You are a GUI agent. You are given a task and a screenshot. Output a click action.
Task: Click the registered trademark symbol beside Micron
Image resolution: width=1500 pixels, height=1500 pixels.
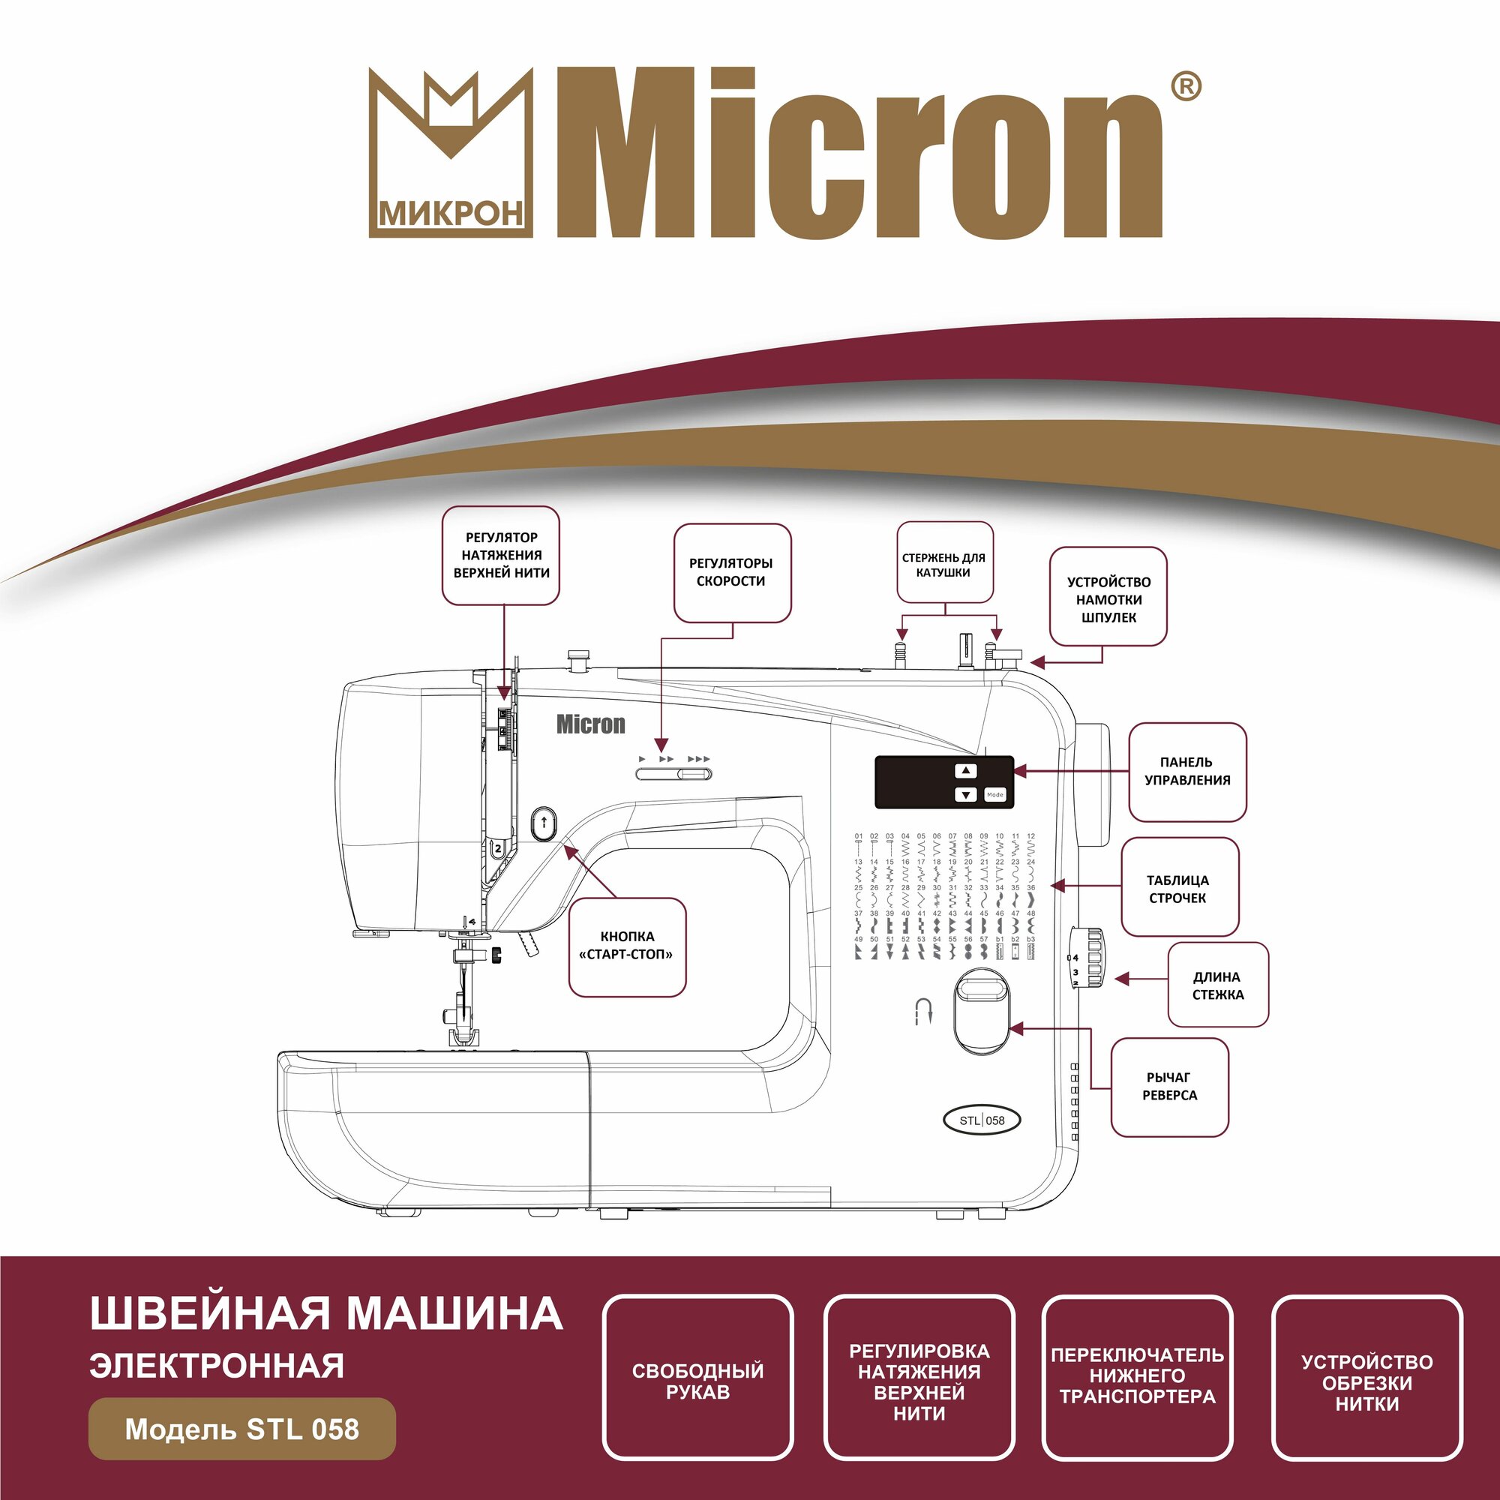[1185, 88]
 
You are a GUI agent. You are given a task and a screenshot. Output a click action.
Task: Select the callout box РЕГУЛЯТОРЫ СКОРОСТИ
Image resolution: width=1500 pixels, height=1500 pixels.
[731, 572]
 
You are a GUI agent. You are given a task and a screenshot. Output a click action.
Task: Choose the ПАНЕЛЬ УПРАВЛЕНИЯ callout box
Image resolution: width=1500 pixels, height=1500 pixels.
[1186, 772]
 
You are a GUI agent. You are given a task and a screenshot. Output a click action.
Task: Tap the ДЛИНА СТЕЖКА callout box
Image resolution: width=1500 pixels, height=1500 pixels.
[1217, 986]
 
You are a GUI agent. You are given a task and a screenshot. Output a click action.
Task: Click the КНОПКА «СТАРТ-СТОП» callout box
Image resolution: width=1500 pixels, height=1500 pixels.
[626, 946]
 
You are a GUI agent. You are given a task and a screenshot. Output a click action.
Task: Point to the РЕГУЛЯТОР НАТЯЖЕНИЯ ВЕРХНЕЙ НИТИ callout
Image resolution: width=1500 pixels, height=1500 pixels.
[501, 555]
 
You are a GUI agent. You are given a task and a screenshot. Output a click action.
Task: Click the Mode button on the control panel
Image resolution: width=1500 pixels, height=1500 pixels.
[994, 795]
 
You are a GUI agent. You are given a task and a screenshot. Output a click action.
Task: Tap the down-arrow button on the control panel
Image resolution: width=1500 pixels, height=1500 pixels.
[965, 795]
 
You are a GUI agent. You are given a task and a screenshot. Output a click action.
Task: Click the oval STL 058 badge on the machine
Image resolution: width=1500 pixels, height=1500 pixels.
[981, 1120]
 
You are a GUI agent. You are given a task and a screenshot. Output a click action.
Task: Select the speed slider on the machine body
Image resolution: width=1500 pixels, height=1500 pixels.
[673, 774]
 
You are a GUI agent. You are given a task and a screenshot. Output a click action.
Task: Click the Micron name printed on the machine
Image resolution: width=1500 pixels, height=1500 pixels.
[590, 725]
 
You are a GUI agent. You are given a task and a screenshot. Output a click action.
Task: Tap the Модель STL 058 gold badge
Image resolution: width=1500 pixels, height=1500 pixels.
[242, 1429]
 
